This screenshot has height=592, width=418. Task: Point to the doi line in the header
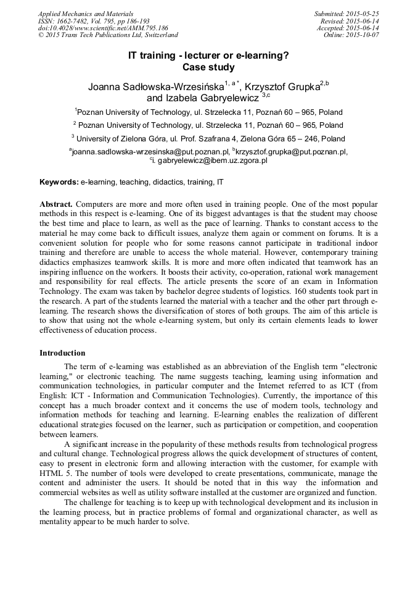tap(103, 28)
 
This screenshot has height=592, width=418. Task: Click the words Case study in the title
tap(208, 67)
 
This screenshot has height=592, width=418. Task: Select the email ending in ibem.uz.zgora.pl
tap(210, 160)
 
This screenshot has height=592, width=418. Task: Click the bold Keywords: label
tap(59, 183)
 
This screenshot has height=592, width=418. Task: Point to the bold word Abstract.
tap(56, 204)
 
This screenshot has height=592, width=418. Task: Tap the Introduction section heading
tap(62, 353)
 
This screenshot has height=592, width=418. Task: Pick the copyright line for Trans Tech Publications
tap(108, 36)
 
